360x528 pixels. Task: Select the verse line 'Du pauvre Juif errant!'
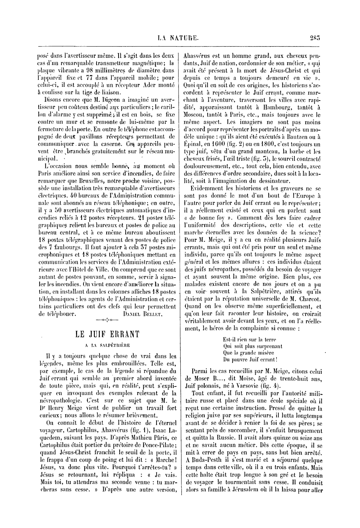tap(250, 360)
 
